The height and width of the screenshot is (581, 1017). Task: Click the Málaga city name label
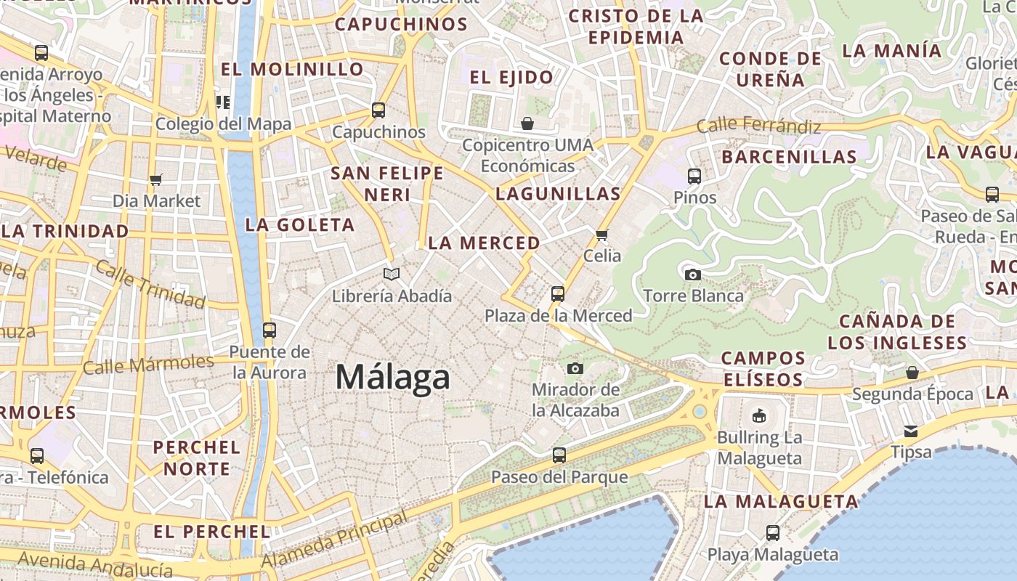pos(392,378)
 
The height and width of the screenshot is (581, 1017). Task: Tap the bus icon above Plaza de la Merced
pos(558,293)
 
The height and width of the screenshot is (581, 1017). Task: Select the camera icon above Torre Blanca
pos(693,275)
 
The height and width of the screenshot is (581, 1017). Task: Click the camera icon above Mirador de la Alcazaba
pos(575,368)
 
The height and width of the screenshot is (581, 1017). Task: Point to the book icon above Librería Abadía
pos(392,274)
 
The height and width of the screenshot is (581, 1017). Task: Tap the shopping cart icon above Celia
pos(601,235)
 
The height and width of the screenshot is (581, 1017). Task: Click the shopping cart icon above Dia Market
pos(156,179)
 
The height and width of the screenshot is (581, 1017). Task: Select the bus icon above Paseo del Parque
pos(559,455)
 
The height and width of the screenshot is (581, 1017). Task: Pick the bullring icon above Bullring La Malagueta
pos(759,415)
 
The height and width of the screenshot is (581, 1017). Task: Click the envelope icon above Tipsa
pos(911,431)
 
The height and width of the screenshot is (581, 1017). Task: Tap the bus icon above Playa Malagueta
pos(773,533)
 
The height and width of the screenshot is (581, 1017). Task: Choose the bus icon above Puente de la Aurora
pos(270,330)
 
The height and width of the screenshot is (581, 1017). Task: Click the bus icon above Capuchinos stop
pos(378,110)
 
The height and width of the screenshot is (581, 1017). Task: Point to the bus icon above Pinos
pos(694,176)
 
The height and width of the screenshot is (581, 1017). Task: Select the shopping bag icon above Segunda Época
pos(912,373)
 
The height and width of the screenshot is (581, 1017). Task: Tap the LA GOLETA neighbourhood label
pos(300,225)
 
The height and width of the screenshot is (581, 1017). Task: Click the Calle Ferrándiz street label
pos(758,126)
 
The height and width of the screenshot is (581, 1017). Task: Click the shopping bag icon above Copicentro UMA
pos(527,123)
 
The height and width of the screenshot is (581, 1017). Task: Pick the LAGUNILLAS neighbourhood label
pos(558,194)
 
